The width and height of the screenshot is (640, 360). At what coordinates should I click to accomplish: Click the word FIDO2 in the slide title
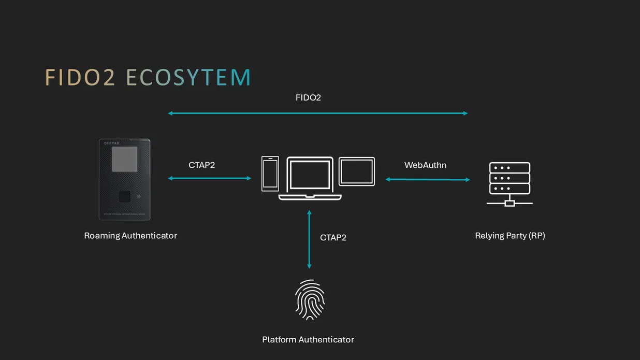80,77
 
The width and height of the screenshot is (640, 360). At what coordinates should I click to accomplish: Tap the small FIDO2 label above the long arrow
308,97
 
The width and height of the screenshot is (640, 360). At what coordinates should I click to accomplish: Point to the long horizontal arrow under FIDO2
317,113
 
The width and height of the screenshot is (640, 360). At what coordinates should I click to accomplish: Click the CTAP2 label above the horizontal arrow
201,165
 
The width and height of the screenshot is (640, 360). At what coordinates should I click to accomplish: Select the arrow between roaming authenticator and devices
209,178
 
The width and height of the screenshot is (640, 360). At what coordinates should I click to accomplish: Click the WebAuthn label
425,165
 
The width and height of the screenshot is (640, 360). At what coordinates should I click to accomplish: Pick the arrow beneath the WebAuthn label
428,179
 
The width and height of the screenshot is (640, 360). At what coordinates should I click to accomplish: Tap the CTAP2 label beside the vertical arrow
333,238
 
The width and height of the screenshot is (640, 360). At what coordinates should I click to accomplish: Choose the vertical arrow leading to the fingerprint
309,239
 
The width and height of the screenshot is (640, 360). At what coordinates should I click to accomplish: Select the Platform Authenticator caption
308,340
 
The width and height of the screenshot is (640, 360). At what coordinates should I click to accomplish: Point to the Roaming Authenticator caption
130,236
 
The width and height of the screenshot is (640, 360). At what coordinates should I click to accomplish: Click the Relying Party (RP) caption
510,236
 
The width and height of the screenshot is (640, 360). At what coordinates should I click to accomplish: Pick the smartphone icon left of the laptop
270,174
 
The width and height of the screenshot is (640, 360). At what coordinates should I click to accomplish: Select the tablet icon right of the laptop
357,171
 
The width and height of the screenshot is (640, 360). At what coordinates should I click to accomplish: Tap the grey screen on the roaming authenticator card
125,159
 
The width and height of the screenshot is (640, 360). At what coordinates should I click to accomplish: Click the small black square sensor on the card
124,196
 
